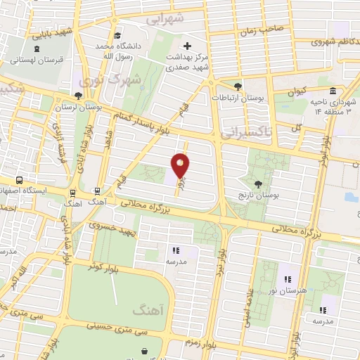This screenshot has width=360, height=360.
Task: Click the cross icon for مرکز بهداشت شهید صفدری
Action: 187,46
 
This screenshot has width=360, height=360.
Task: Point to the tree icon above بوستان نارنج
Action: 258,183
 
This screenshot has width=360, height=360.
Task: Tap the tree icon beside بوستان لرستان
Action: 77,96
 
